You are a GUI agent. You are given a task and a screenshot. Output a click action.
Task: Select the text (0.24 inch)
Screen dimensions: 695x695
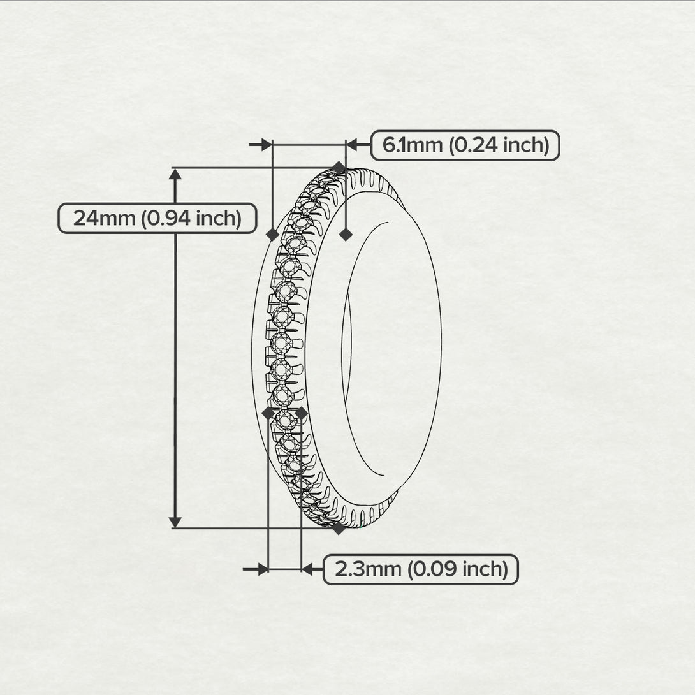499,145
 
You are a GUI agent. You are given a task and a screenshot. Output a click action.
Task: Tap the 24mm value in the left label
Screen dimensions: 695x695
105,218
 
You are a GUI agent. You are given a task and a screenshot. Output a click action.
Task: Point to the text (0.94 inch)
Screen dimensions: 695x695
191,218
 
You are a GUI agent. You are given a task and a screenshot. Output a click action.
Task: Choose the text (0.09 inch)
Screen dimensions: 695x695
457,569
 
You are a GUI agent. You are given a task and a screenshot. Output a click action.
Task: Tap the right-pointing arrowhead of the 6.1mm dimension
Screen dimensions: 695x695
267,145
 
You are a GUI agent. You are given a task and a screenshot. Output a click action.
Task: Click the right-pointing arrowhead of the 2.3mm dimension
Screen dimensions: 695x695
261,569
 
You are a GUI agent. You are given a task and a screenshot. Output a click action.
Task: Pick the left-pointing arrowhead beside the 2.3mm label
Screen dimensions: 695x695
307,569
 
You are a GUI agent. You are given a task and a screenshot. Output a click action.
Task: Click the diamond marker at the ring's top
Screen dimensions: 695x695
339,168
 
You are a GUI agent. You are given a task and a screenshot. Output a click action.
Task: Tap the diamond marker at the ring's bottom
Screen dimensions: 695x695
339,528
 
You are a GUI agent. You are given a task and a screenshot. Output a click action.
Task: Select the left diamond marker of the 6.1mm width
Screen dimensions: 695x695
272,235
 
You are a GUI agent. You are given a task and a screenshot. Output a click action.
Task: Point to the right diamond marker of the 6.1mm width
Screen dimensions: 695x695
346,235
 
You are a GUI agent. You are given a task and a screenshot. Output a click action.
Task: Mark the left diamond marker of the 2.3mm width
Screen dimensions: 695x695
268,413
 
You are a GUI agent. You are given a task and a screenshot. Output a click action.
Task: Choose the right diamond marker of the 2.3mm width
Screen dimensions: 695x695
301,413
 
